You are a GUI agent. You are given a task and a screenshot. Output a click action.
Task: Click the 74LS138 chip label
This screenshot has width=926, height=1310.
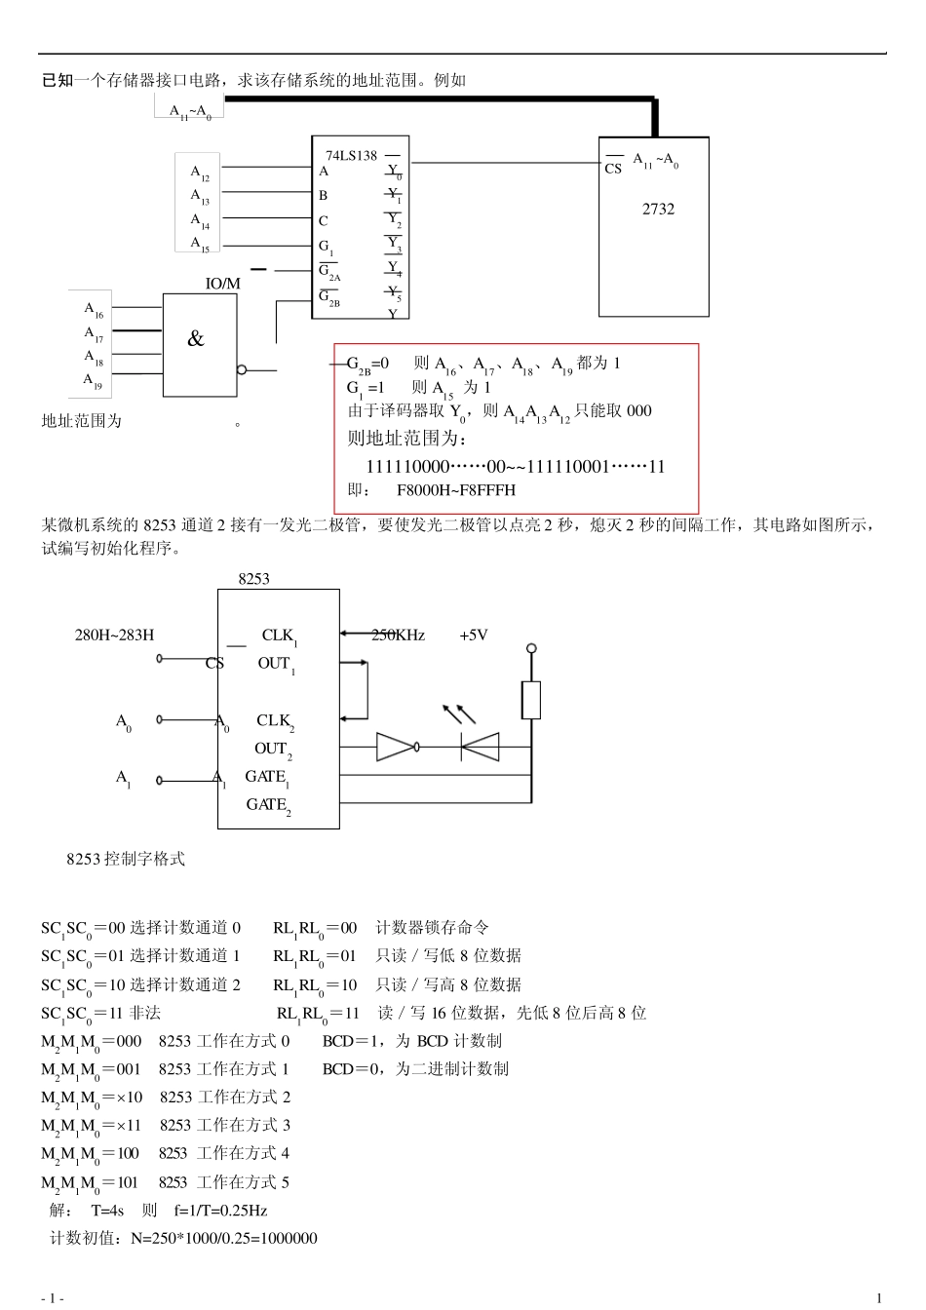pos(351,155)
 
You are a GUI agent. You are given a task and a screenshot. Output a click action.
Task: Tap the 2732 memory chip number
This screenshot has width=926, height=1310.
pos(658,209)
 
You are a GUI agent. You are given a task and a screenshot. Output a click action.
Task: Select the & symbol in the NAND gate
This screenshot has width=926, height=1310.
pos(196,339)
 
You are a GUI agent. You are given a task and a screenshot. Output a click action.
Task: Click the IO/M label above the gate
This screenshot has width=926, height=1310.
pos(222,284)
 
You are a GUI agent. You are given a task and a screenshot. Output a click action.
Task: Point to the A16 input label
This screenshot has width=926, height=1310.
pos(94,310)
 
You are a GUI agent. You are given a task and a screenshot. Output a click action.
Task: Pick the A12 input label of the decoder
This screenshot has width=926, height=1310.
pos(199,173)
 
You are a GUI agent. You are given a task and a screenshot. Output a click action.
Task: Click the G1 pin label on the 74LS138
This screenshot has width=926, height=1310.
pos(326,248)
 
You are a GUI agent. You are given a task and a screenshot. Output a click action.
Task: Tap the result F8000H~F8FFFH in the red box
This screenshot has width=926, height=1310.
pos(456,489)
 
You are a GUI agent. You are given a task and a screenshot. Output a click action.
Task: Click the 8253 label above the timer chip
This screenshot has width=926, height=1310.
pos(253,579)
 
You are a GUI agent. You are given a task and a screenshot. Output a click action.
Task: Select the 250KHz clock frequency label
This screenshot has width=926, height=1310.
pos(398,636)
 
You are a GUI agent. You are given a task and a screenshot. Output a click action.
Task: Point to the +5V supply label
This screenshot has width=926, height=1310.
pos(474,636)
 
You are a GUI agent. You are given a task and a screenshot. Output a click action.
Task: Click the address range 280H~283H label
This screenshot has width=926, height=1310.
pos(114,636)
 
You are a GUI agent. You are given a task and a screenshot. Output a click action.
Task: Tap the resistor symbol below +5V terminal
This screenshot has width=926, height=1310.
pos(531,700)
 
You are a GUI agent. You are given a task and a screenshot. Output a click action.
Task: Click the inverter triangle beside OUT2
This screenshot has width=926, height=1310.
pos(396,748)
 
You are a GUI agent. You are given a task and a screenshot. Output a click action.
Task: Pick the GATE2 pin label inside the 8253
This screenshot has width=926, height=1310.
pos(268,805)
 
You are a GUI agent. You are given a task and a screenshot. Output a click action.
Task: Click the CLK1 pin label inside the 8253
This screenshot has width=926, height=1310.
pos(279,636)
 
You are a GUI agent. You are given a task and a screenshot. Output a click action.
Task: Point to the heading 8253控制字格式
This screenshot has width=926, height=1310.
pos(126,859)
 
